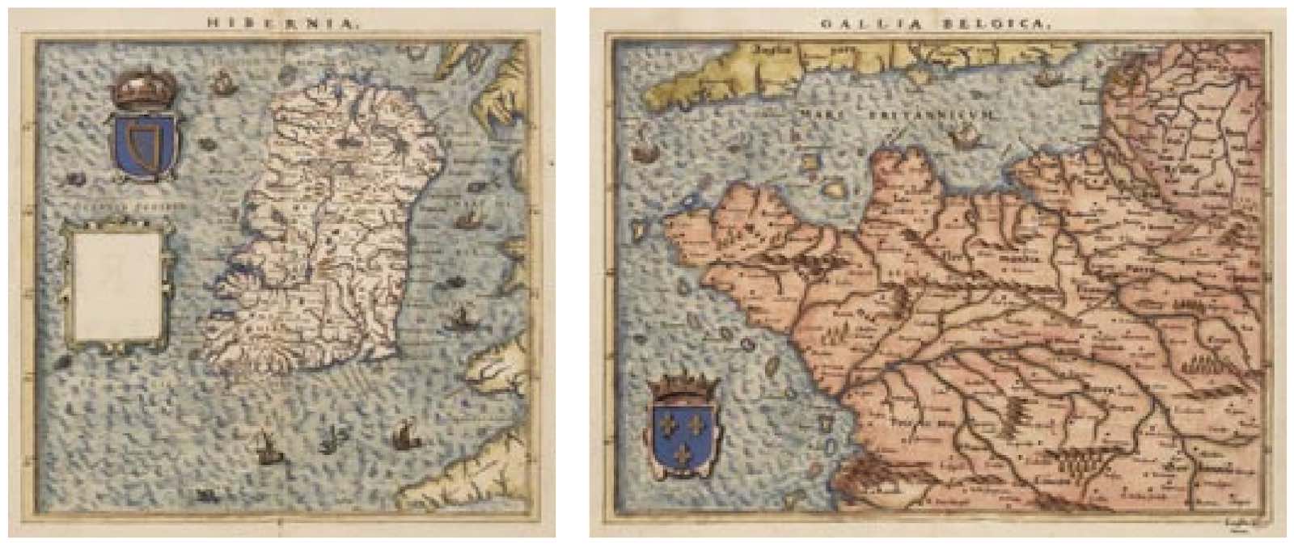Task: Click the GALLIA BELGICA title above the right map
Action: click(x=936, y=24)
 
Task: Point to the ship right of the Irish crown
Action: click(x=221, y=82)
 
